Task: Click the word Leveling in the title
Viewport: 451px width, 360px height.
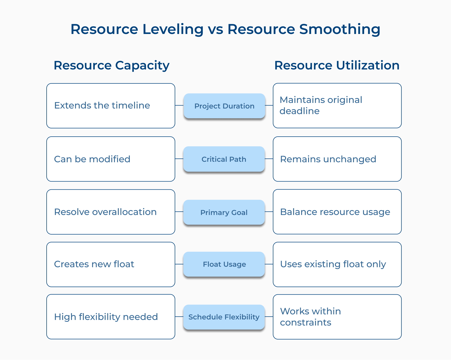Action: (173, 29)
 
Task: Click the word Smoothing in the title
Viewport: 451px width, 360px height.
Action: (340, 29)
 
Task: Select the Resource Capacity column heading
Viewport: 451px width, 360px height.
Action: (111, 65)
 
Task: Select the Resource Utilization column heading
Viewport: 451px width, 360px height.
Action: (337, 65)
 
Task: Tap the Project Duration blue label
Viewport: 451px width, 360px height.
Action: (224, 106)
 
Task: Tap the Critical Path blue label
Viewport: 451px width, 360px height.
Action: (224, 159)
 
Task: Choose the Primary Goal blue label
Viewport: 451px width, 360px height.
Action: (224, 212)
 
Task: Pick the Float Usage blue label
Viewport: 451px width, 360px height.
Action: (224, 264)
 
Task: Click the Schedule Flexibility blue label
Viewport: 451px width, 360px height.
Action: (224, 317)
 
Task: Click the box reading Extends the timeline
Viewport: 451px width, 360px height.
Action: (111, 106)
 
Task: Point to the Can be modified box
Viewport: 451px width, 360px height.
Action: (111, 159)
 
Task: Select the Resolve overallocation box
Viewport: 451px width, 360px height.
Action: (111, 212)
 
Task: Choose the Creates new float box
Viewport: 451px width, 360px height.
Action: (111, 264)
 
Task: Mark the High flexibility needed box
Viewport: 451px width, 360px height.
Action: (111, 317)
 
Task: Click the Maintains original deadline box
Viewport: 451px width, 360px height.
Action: (337, 105)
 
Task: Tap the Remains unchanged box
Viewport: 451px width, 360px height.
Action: (337, 159)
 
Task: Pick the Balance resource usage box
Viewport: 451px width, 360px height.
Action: (337, 212)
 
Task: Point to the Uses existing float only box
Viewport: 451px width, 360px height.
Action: (337, 264)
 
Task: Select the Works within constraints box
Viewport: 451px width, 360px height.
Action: (337, 317)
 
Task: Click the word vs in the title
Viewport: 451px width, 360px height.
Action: (215, 29)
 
